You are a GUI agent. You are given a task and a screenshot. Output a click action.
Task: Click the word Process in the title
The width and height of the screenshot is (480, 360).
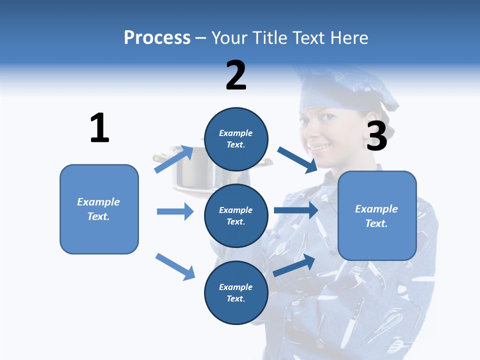click(157, 37)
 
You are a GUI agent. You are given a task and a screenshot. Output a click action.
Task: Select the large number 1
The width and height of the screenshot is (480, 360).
click(99, 128)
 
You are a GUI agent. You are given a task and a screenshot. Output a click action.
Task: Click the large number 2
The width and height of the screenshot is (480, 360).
click(236, 75)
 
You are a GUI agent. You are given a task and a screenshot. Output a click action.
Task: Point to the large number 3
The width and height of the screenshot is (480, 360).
click(376, 135)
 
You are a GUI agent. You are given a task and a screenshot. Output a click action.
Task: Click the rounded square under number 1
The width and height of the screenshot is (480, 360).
click(99, 209)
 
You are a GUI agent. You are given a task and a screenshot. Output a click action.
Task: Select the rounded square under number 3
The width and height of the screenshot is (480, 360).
click(377, 215)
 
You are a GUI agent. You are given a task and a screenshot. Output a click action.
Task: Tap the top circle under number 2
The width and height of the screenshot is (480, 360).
click(236, 139)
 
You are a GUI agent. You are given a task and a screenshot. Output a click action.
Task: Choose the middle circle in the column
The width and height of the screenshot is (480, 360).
click(236, 215)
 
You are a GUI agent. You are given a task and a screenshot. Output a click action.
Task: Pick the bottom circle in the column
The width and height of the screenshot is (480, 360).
click(236, 292)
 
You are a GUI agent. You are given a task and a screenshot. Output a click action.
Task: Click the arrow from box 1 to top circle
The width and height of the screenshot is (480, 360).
click(174, 159)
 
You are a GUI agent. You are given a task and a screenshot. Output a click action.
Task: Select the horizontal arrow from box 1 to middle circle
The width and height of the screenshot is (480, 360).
click(175, 211)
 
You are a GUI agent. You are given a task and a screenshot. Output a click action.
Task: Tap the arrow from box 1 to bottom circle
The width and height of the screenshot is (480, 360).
click(175, 266)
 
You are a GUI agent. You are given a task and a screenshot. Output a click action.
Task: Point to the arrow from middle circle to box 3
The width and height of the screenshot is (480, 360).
click(296, 210)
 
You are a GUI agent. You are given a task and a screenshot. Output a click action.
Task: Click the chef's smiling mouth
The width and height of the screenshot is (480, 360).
click(321, 147)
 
